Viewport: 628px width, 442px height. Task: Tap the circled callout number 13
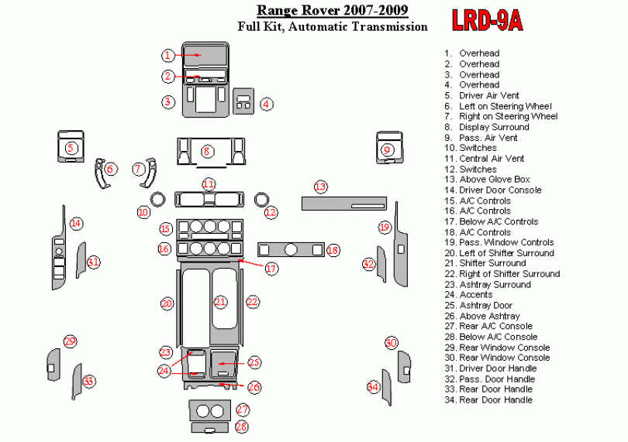(320, 187)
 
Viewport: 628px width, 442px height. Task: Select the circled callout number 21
(221, 302)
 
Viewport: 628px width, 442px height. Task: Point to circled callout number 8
(207, 151)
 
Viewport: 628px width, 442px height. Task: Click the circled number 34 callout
(373, 386)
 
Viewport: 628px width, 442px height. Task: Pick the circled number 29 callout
(70, 341)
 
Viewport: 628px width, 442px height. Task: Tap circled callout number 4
(265, 103)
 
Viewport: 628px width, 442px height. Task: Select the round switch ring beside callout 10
(158, 198)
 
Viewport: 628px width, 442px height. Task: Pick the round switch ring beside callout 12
(262, 199)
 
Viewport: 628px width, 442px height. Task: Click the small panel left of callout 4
(243, 101)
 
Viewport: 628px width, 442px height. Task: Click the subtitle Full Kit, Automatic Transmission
(332, 26)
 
